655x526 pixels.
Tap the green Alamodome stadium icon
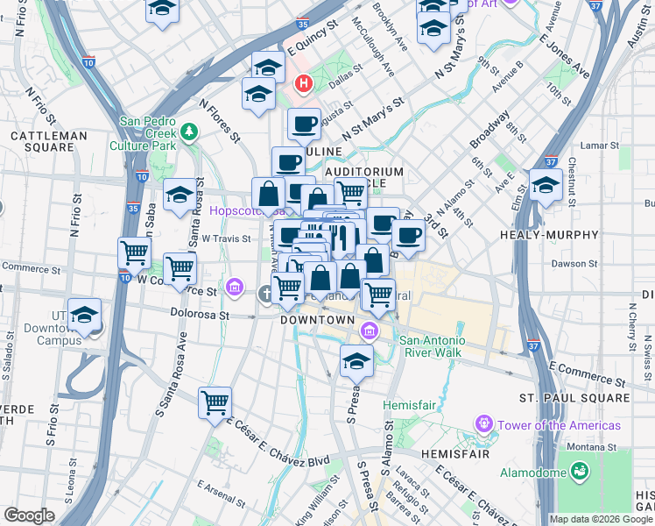(x=578, y=473)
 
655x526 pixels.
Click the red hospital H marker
(x=304, y=84)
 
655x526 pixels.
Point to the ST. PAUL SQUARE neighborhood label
(x=574, y=398)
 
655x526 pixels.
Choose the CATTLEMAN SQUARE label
(x=48, y=142)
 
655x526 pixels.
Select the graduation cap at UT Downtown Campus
(x=85, y=315)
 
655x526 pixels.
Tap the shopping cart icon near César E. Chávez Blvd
(x=215, y=403)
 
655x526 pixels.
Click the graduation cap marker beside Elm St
(x=546, y=185)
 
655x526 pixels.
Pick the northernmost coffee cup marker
(x=304, y=124)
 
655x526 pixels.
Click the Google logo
(x=29, y=515)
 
